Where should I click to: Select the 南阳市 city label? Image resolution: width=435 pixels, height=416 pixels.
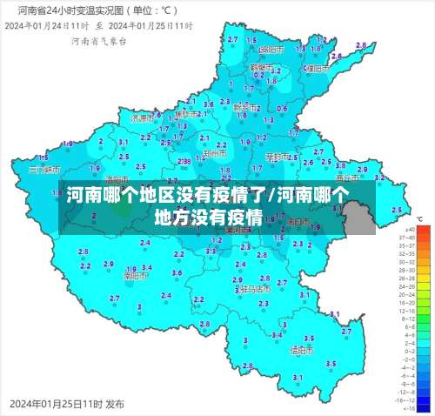[x=136, y=275]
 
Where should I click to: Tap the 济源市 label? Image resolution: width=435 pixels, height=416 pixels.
[x=141, y=117]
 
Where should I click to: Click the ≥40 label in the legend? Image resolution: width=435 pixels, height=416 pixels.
[x=405, y=229]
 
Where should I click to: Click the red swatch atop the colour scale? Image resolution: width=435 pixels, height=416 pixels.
[x=424, y=229]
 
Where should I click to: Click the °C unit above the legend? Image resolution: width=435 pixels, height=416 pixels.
[x=419, y=219]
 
